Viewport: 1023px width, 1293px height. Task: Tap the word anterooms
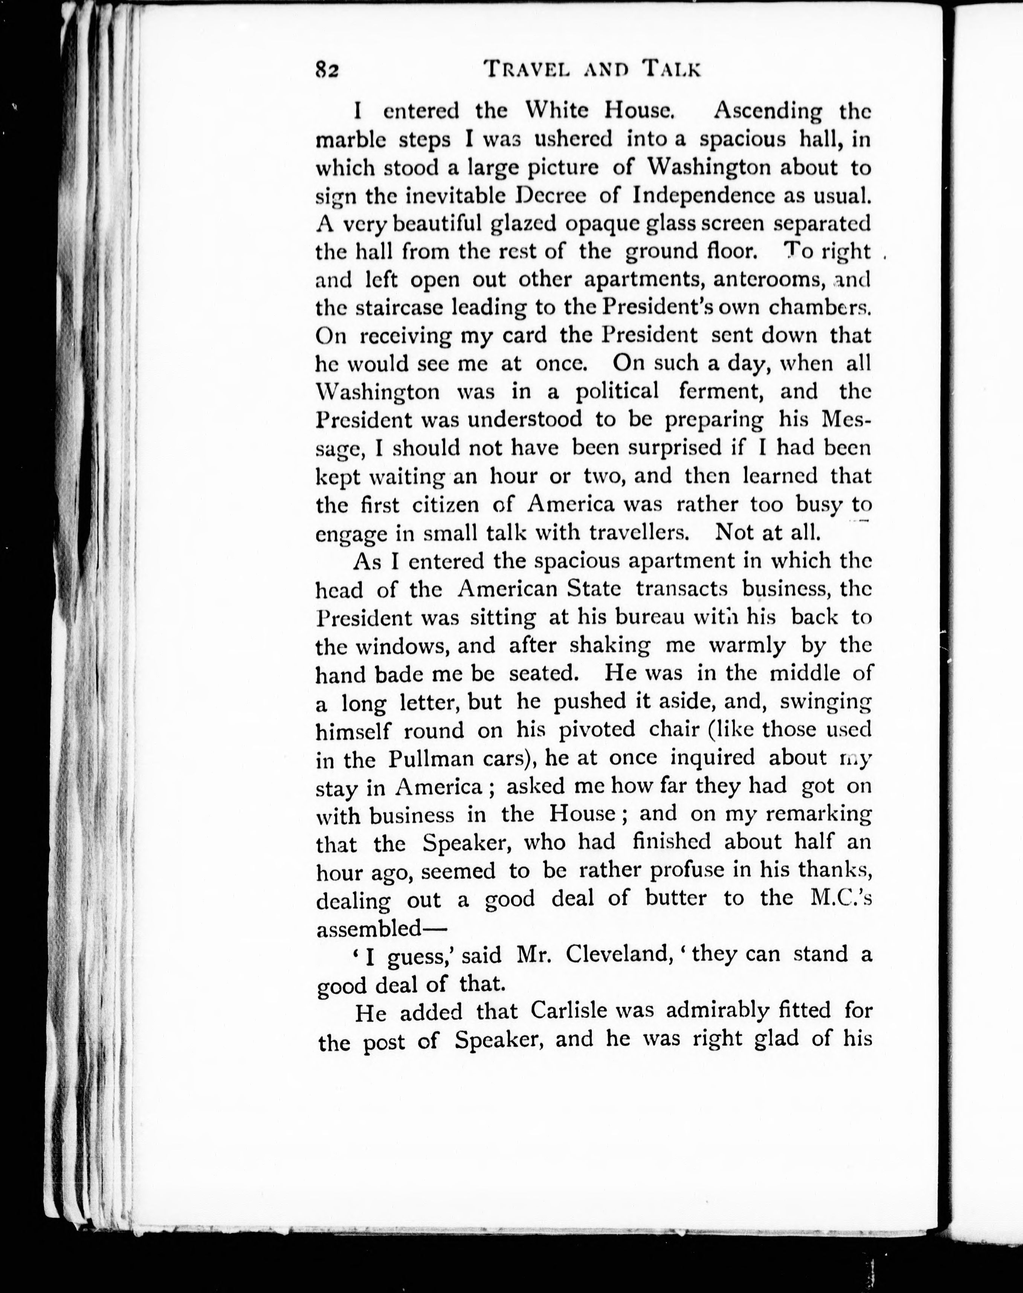(x=771, y=279)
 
